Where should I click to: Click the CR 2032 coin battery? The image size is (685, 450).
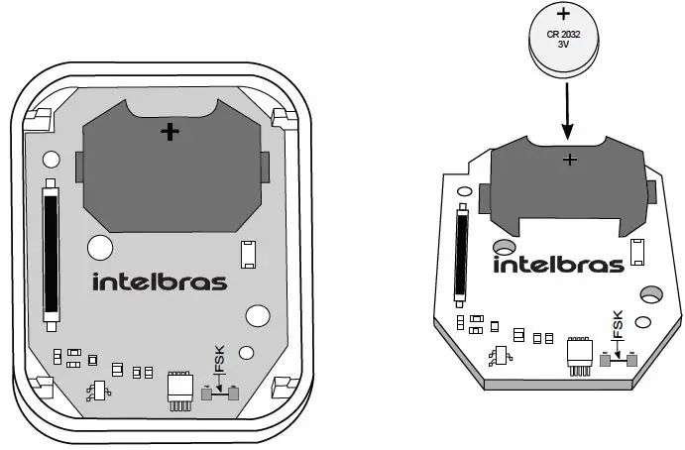point(564,40)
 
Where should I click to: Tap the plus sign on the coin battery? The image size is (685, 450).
point(564,15)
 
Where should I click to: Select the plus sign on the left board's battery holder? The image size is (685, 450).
point(171,131)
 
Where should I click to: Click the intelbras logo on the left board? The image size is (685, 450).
point(160,281)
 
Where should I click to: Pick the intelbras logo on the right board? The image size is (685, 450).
point(558,264)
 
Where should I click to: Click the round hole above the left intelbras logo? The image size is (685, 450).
point(100,247)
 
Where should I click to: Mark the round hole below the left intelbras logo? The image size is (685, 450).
point(257,315)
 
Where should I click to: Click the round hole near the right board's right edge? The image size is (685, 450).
point(651,294)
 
